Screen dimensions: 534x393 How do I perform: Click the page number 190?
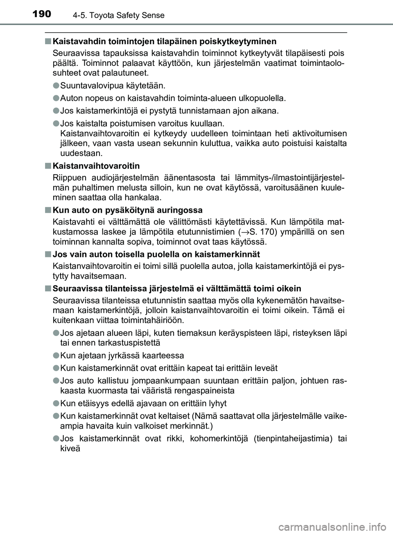coord(40,14)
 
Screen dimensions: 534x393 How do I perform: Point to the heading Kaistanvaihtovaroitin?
coord(96,166)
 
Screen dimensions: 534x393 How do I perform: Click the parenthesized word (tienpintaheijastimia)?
coord(293,438)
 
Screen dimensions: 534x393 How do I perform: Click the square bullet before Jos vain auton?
coord(48,254)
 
